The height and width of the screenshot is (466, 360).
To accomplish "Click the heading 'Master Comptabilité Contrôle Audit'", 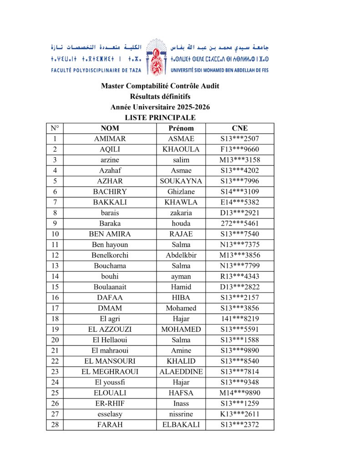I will pyautogui.click(x=160, y=86).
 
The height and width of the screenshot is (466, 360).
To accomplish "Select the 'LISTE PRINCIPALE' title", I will pyautogui.click(x=160, y=117).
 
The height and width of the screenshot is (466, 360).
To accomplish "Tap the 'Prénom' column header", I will pyautogui.click(x=181, y=128).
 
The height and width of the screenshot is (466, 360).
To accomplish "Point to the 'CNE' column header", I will pyautogui.click(x=239, y=128).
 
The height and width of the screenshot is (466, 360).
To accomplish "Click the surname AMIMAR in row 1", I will pyautogui.click(x=110, y=139).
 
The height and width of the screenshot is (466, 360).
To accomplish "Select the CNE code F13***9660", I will pyautogui.click(x=239, y=149).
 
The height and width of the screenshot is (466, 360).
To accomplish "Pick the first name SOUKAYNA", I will pyautogui.click(x=181, y=181).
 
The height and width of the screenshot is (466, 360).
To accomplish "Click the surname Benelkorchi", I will pyautogui.click(x=110, y=255).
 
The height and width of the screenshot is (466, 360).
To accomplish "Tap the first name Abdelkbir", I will pyautogui.click(x=181, y=255).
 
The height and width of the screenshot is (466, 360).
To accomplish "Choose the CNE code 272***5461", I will pyautogui.click(x=239, y=223).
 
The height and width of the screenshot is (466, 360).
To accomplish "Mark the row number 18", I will pyautogui.click(x=55, y=319).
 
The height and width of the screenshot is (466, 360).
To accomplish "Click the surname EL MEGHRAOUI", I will pyautogui.click(x=110, y=372).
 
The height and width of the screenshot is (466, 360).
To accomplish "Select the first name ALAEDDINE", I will pyautogui.click(x=181, y=372).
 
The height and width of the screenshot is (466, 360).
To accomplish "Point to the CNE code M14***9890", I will pyautogui.click(x=239, y=393).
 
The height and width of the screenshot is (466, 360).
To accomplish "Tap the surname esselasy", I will pyautogui.click(x=110, y=414).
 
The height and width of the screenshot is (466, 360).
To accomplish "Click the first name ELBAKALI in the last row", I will pyautogui.click(x=181, y=425).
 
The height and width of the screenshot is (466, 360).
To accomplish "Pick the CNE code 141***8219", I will pyautogui.click(x=239, y=319).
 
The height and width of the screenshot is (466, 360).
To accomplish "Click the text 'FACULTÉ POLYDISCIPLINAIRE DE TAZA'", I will pyautogui.click(x=96, y=71).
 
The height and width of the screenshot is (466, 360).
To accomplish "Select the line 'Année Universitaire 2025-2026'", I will pyautogui.click(x=160, y=107).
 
